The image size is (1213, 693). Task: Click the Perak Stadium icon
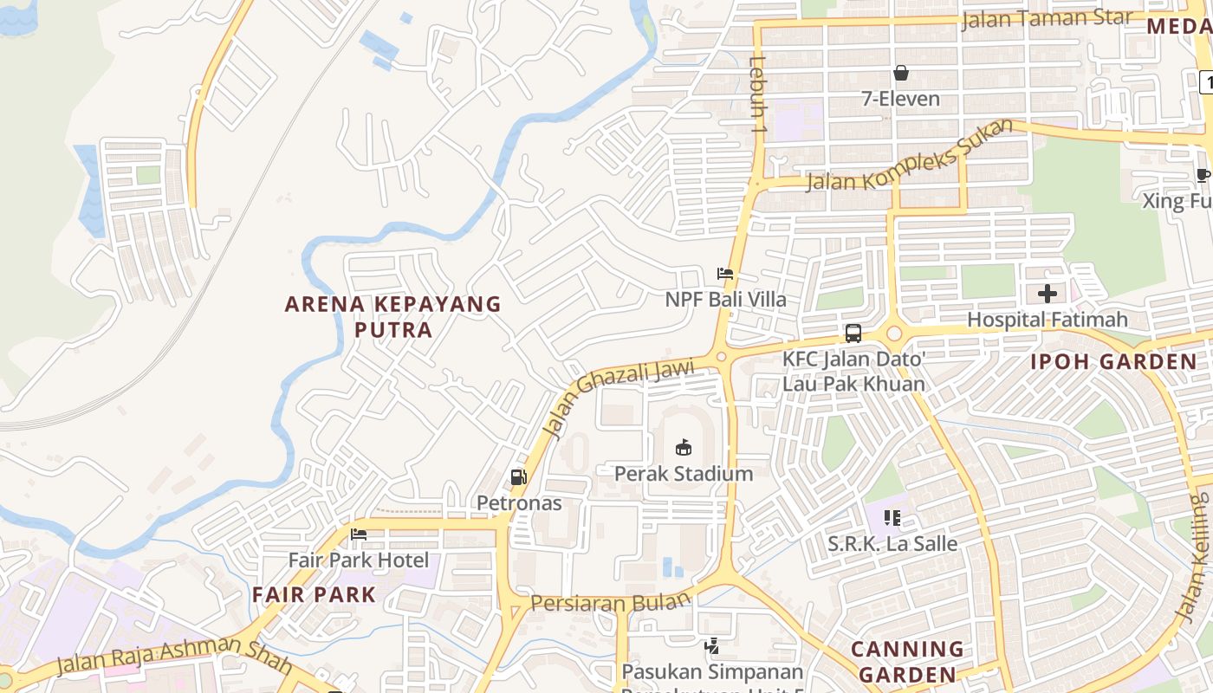(x=684, y=447)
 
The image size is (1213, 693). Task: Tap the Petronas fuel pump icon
(x=518, y=476)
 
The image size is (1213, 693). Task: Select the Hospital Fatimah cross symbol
(x=1047, y=294)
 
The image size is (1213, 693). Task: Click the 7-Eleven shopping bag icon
(x=901, y=73)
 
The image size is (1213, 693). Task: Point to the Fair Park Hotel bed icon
(x=359, y=534)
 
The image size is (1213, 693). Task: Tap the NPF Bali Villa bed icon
(x=725, y=274)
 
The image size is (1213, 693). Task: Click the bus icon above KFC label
(x=853, y=334)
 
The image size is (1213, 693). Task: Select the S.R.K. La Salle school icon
(x=892, y=518)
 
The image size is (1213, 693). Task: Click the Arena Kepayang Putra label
(x=392, y=316)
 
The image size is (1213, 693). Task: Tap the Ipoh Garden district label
(x=1113, y=362)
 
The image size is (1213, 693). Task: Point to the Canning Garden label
(x=907, y=661)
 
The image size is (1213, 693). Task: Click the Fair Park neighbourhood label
(x=314, y=595)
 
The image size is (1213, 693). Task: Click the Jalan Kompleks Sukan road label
(x=909, y=157)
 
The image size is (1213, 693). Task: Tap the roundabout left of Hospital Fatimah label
(x=893, y=334)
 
